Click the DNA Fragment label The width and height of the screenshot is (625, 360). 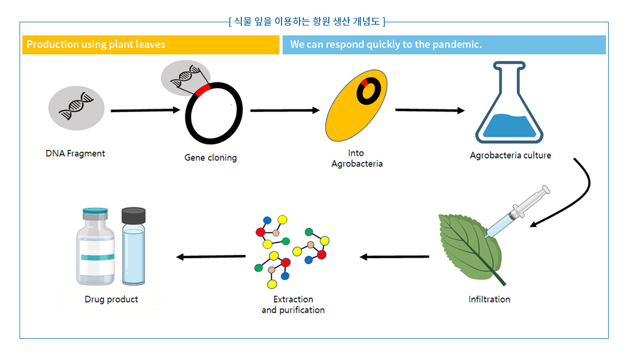76,153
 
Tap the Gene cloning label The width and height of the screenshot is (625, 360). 210,158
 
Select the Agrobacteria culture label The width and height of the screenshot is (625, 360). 510,155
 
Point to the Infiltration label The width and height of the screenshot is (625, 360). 489,300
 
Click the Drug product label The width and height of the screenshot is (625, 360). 111,300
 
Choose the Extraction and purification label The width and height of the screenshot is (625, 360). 293,305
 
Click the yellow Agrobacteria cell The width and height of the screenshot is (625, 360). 356,105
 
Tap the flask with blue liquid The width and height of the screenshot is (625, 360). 509,102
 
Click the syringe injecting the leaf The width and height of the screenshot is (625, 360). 517,212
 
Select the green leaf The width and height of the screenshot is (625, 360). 470,248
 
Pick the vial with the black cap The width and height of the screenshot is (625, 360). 134,246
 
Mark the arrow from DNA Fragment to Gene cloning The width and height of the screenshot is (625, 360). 146,110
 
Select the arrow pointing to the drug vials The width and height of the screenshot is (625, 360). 211,257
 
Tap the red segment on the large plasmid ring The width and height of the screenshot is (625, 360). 203,90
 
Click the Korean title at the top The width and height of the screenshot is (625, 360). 307,21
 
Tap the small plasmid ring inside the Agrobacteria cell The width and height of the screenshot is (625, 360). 368,91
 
